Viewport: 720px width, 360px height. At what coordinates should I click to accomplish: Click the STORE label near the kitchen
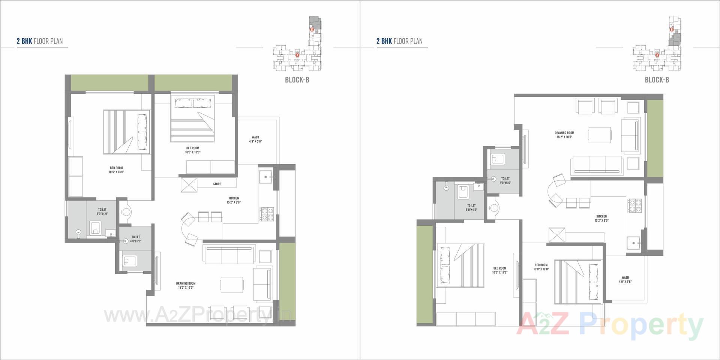point(217,184)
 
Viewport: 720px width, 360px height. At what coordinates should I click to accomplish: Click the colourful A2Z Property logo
point(610,325)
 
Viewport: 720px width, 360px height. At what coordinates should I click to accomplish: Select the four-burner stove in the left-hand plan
point(267,214)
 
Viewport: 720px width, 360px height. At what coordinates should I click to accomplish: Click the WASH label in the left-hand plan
point(255,139)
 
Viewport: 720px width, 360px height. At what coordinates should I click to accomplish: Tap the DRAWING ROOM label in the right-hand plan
point(564,135)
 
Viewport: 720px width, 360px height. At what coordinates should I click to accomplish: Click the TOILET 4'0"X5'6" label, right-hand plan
point(505,181)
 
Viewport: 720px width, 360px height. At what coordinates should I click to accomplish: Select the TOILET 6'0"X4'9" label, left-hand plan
point(102,211)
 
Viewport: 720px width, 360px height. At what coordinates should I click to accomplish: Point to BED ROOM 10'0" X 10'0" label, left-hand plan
point(193,150)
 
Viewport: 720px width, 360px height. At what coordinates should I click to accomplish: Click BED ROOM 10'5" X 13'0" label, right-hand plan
point(499,270)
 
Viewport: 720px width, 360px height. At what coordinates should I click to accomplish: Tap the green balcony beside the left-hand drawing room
point(287,281)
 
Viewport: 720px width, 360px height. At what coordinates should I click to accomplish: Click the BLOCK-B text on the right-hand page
point(657,79)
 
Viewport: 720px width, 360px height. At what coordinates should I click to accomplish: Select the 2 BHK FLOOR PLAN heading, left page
point(39,41)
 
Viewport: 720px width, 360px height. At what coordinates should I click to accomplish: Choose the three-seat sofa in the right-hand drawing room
point(596,165)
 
